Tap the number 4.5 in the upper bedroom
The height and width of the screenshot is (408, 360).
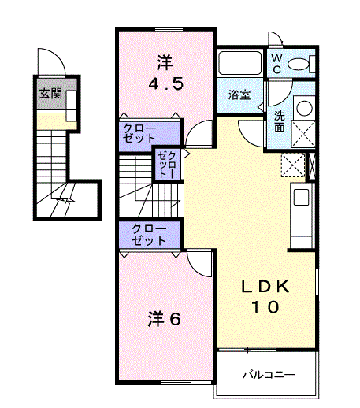pos(166,82)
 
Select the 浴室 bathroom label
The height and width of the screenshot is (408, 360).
pos(240,95)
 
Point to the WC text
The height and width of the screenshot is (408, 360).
pos(277,64)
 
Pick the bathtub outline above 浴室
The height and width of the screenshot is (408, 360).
pos(241,63)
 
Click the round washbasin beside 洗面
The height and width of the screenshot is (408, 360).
pos(303,109)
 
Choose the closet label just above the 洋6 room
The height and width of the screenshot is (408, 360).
pos(149,234)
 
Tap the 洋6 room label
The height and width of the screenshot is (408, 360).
pos(166,319)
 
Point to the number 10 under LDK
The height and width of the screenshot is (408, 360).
pos(265,308)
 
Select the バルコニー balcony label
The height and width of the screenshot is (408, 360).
pos(268,375)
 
